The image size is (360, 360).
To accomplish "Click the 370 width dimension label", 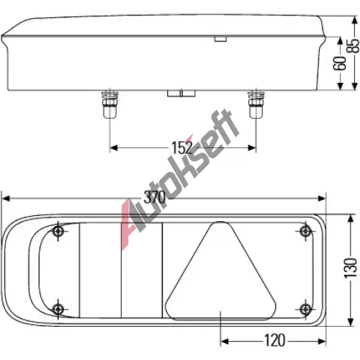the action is click(x=155, y=198).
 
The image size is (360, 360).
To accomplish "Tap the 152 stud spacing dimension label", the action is click(x=182, y=148).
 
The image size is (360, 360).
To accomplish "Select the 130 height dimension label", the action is click(x=351, y=268).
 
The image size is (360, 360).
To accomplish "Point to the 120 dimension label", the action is click(x=274, y=341).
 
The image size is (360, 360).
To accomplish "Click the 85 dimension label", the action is click(x=354, y=45).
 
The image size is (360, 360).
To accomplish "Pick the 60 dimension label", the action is click(x=340, y=63).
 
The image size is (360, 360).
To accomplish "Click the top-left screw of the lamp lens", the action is click(x=58, y=231).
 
